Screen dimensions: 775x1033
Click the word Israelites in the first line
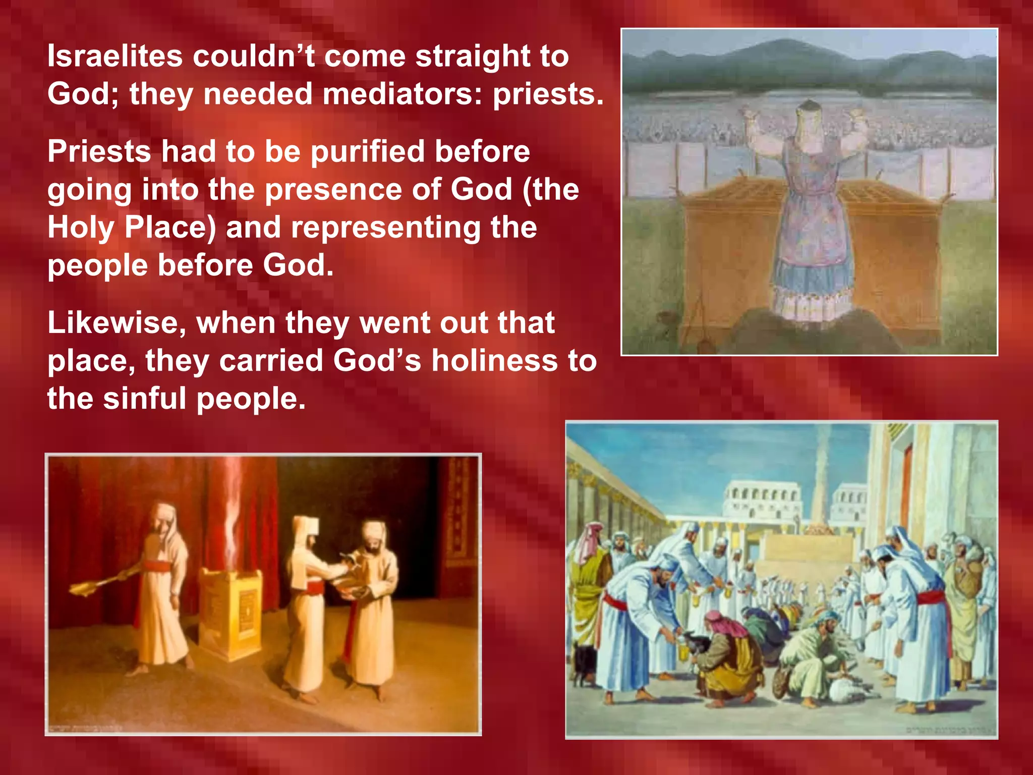tap(114, 56)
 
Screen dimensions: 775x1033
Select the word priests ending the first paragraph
tap(547, 95)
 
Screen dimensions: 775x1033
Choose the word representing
tap(385, 228)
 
